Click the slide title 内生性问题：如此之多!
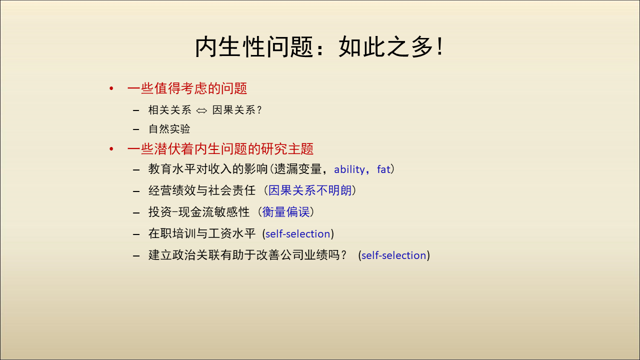[x=319, y=47]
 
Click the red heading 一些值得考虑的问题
[x=187, y=88]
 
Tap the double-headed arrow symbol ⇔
[x=201, y=110]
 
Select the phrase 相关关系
[x=169, y=110]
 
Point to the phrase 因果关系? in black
[x=237, y=110]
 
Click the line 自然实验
[x=169, y=129]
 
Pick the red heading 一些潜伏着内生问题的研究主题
[x=220, y=149]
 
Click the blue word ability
[x=349, y=169]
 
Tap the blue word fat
[x=383, y=169]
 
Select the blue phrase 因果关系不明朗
[x=310, y=190]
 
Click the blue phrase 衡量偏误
[x=285, y=212]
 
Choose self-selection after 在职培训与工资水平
[x=297, y=233]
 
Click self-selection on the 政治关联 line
[x=393, y=255]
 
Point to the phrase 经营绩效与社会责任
[x=201, y=190]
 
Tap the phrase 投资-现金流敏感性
[x=199, y=212]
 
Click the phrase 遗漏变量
[x=298, y=169]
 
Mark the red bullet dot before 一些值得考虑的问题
[x=111, y=88]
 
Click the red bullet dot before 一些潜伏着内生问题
[x=111, y=149]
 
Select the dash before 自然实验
[x=136, y=129]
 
